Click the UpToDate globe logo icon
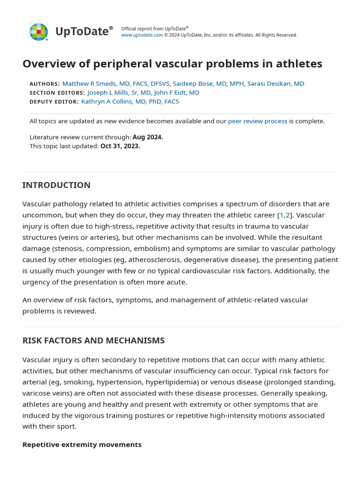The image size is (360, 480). [x=38, y=32]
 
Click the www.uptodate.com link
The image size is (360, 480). [x=142, y=35]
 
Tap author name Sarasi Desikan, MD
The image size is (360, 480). [x=276, y=83]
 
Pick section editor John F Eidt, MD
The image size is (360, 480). [x=177, y=92]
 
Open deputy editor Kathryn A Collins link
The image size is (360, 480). [x=130, y=101]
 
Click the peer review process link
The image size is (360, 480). [x=257, y=121]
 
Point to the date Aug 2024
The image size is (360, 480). [x=148, y=137]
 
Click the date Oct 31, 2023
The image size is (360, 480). [x=120, y=146]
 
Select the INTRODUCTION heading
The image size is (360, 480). [x=56, y=185]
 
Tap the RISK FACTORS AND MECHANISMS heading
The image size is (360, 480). [x=93, y=341]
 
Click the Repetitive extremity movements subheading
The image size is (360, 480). [x=82, y=444]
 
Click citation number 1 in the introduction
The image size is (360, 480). [x=282, y=215]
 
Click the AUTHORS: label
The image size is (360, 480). [x=45, y=84]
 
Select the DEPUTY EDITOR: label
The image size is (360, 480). [x=54, y=102]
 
